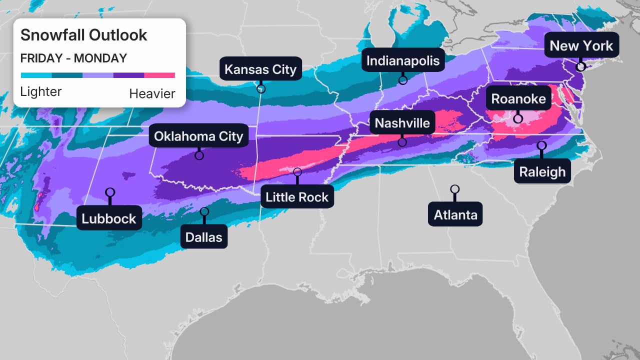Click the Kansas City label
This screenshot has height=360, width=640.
coord(260,69)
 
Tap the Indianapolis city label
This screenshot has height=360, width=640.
coord(403,60)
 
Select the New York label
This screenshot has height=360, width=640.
coord(581,45)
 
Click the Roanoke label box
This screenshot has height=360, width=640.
coord(518,98)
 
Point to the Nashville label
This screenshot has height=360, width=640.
coord(402,122)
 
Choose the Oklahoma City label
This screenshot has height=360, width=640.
coord(198,136)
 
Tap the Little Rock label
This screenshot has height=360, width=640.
coord(297,196)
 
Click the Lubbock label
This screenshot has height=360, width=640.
coord(109,218)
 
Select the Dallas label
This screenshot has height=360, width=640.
coord(203,236)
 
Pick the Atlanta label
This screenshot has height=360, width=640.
coord(455,214)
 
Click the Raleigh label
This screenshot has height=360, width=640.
coord(542,171)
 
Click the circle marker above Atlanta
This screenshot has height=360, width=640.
coord(454,189)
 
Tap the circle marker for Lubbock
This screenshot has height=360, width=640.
coord(110,192)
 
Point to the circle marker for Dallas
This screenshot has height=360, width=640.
coord(204,211)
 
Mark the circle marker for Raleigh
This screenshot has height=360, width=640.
coord(541,145)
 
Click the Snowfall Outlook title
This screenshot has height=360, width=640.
coord(83,35)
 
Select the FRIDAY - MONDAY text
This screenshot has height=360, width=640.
coord(73,58)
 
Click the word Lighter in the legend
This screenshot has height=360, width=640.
coord(41,92)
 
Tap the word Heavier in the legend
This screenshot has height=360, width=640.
coord(152,93)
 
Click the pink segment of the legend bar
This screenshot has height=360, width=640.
coord(159,75)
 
